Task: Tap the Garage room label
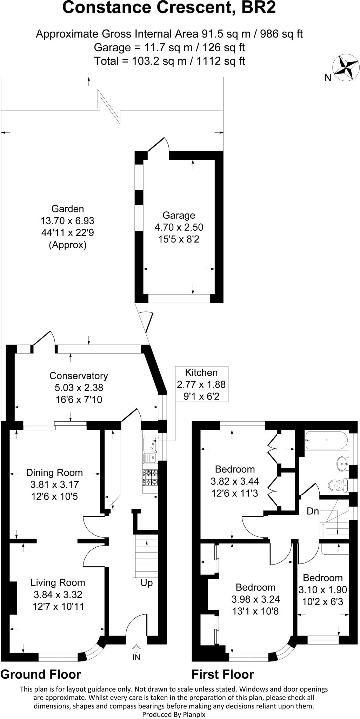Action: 179,215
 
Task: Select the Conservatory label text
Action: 79,376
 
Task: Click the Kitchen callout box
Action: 201,384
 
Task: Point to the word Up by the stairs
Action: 147,583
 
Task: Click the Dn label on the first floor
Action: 313,512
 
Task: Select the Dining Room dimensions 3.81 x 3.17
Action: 54,484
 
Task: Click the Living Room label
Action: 58,583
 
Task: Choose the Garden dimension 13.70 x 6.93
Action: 67,221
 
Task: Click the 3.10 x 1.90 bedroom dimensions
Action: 322,590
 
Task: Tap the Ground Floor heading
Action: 41,674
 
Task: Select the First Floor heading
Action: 223,674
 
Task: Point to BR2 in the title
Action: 259,8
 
